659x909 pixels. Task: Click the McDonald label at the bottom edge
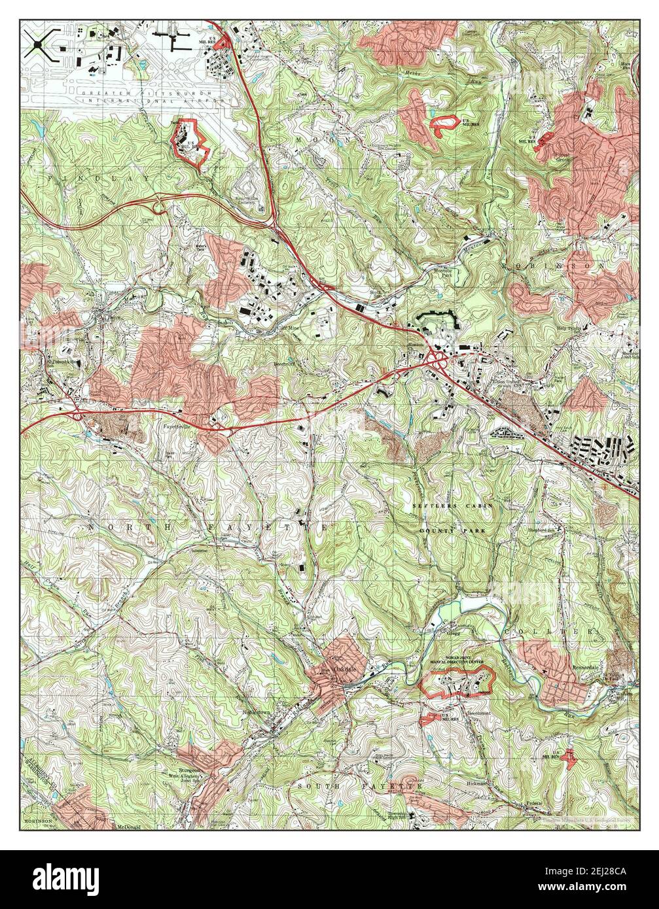pos(129,827)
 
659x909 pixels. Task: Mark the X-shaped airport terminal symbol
pos(39,45)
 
